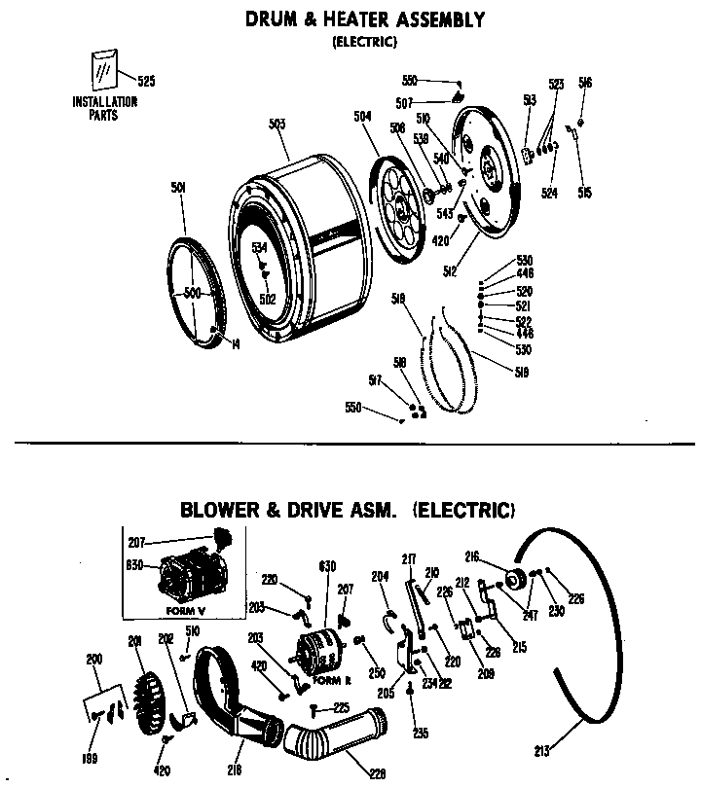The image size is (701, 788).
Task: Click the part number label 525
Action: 146,82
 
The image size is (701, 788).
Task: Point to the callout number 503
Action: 277,124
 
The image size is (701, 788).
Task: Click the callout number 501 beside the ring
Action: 177,188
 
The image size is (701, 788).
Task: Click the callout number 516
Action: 584,84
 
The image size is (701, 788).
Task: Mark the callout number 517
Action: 374,379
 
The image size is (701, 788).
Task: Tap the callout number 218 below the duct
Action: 234,769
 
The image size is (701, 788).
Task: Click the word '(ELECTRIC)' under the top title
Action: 362,41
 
